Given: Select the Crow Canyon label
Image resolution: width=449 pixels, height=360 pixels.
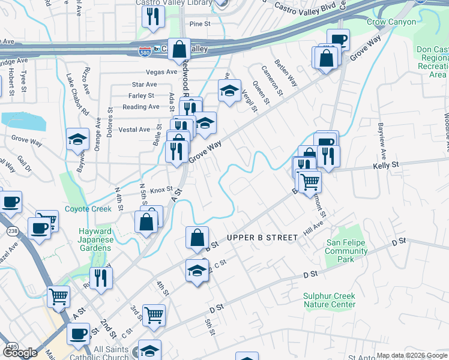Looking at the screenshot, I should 391,22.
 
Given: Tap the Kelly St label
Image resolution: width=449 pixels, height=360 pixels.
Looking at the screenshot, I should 385,164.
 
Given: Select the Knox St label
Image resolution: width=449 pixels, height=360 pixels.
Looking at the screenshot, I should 161,190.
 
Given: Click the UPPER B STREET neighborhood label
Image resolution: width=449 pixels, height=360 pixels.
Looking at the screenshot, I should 262,238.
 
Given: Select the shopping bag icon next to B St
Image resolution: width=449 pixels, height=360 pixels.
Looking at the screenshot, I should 197,238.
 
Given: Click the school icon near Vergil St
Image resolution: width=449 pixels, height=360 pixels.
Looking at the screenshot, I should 229,91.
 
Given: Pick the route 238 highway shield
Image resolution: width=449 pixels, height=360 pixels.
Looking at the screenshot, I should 12,231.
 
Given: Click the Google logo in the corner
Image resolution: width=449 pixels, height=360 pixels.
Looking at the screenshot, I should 20,353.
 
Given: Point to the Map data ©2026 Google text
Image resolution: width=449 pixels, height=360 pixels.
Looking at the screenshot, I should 411,355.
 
